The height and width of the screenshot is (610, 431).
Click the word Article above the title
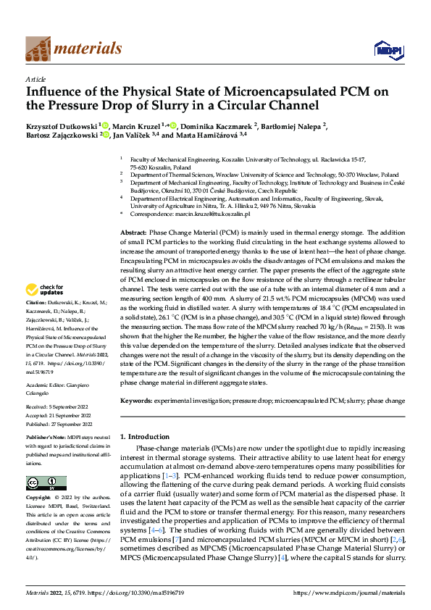pyautogui.click(x=35, y=79)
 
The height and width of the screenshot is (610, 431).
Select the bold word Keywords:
pyautogui.click(x=136, y=400)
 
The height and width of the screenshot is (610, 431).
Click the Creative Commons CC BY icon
pyautogui.click(x=46, y=482)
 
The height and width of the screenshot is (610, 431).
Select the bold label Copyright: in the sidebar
pyautogui.click(x=39, y=498)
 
